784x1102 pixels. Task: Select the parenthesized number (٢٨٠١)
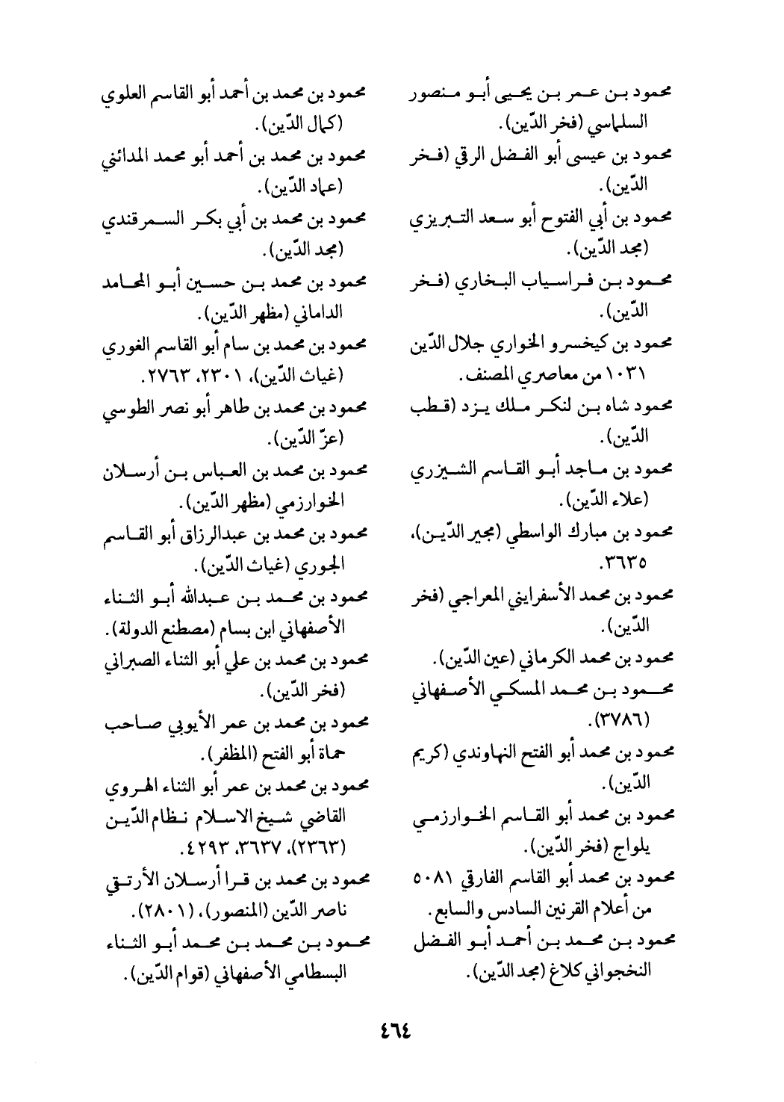coord(161,911)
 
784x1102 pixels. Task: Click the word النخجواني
coord(623,973)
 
